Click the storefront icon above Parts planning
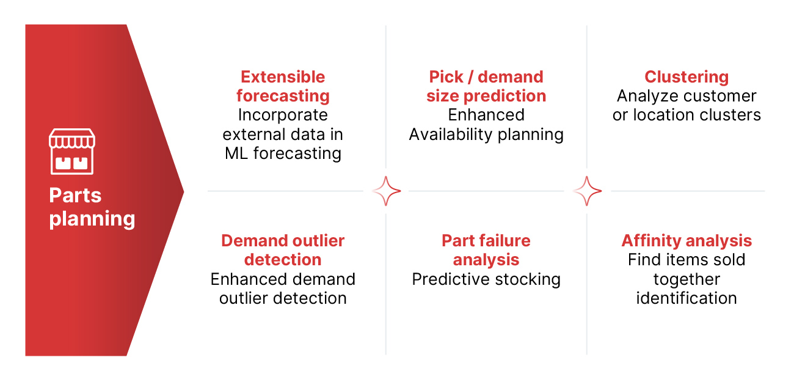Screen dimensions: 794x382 (x=72, y=152)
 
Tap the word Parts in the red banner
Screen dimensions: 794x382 (x=75, y=196)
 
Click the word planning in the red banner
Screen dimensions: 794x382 (x=92, y=219)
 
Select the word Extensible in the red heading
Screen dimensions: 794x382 (x=283, y=77)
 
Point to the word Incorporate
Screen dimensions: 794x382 (x=283, y=115)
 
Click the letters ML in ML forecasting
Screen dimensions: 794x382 (x=236, y=153)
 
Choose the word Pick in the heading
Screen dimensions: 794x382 (x=446, y=78)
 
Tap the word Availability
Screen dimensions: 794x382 (x=451, y=135)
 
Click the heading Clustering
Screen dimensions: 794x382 (x=687, y=78)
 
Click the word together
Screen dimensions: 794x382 (x=687, y=279)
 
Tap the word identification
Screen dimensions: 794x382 (x=687, y=298)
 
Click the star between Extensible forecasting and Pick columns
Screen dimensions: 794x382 (x=386, y=191)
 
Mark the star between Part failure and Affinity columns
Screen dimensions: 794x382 (x=587, y=191)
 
